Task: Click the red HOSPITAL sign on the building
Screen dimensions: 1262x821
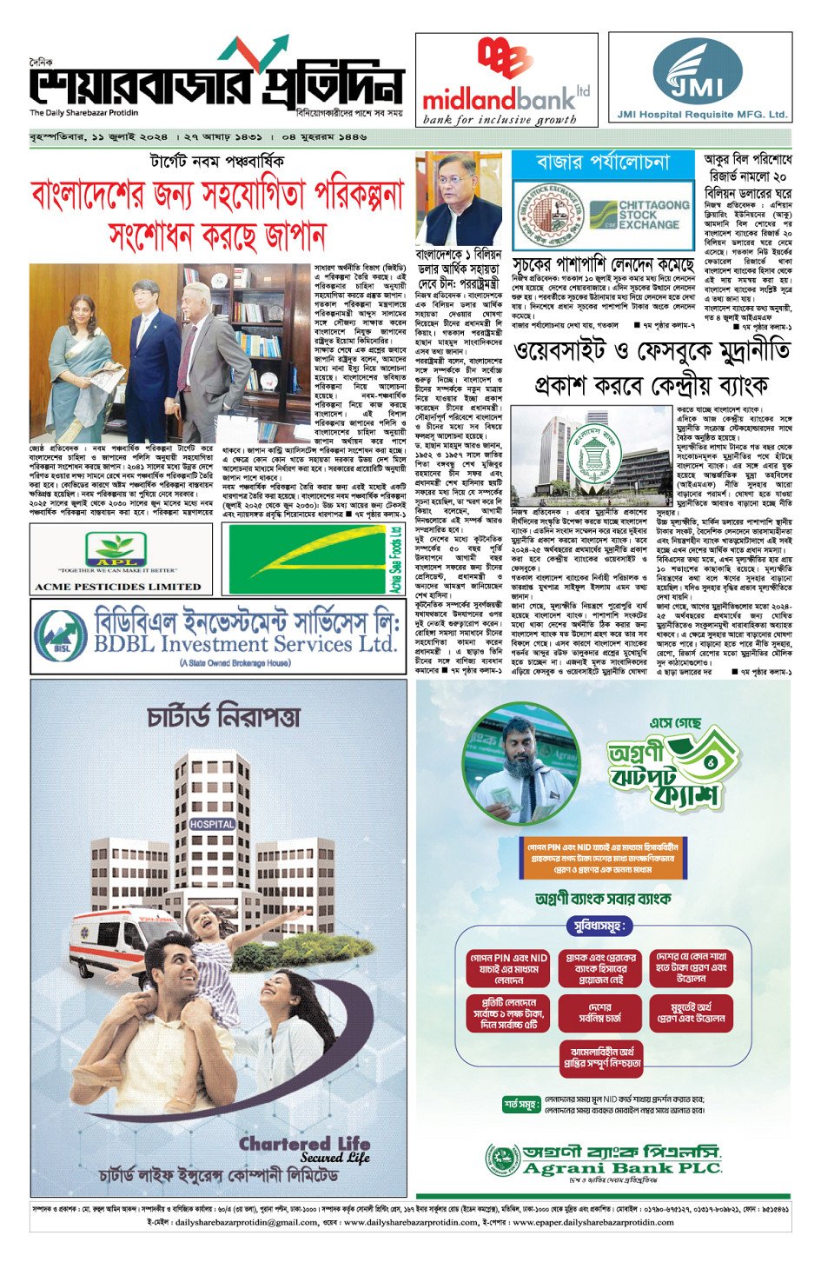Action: point(212,824)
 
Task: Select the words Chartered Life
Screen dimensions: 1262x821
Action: point(305,1144)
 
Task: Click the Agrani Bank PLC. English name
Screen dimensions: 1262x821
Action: point(622,1169)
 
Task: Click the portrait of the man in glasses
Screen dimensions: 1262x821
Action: point(458,197)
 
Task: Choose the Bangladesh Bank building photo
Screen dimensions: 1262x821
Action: point(592,455)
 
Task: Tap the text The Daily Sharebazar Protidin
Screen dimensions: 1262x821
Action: point(83,113)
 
